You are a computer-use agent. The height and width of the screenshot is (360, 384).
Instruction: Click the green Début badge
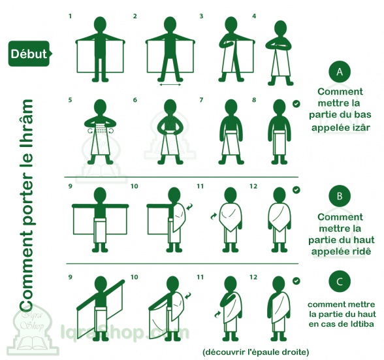click(x=30, y=54)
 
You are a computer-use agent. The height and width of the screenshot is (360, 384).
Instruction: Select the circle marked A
click(x=340, y=72)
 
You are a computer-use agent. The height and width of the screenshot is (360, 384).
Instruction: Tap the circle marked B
click(x=340, y=196)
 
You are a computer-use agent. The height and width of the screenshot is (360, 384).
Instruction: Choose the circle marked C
click(x=340, y=282)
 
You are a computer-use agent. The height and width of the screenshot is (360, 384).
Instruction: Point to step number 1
click(x=71, y=16)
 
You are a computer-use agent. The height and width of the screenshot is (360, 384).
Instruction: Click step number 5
click(x=71, y=100)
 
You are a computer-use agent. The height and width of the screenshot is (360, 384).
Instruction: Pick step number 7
click(x=201, y=100)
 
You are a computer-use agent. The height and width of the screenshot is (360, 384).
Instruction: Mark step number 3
click(x=201, y=16)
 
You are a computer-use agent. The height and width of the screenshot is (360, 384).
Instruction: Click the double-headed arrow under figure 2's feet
click(x=170, y=85)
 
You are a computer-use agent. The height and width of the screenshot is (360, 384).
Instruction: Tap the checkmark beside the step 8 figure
click(x=296, y=104)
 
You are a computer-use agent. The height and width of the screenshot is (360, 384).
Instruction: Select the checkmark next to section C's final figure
click(x=296, y=281)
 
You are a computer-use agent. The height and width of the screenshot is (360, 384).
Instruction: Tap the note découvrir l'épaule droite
click(x=256, y=352)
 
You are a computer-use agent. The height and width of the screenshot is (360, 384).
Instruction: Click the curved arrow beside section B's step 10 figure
click(x=189, y=206)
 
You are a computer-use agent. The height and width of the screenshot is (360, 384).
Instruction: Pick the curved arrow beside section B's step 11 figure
click(x=214, y=216)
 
